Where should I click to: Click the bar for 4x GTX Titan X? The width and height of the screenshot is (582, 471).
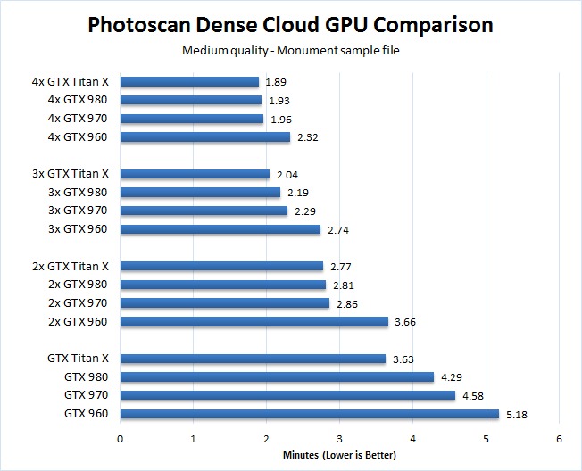pos(189,82)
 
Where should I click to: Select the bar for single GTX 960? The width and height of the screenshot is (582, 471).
pos(309,414)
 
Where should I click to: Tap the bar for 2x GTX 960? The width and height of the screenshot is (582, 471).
pos(254,321)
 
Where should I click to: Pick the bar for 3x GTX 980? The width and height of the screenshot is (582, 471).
pos(200,192)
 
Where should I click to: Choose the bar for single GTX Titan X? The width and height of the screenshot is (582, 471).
pos(253,359)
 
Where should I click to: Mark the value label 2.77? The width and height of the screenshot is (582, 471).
pos(338,266)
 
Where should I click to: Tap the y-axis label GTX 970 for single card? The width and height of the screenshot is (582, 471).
pos(86,395)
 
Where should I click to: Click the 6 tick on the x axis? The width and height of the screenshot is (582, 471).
pos(559,438)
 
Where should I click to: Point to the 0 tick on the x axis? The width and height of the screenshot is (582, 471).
pos(121,438)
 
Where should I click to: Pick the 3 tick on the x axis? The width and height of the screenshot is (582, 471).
pos(339,438)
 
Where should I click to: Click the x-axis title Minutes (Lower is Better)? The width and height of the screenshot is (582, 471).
pos(339,455)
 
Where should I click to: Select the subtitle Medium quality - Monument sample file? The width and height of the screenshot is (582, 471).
pos(291,50)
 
